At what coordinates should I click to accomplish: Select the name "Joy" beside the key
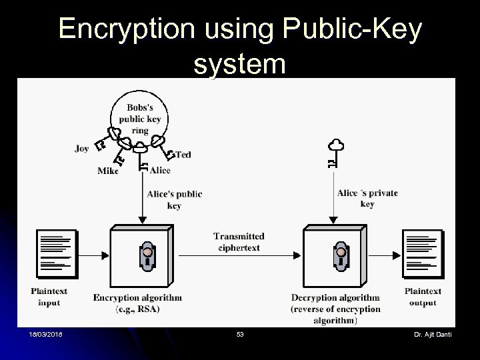pos(81,149)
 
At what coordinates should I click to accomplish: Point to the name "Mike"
pos(107,171)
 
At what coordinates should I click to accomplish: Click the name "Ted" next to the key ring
pos(183,154)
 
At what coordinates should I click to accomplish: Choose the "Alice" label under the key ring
pos(160,170)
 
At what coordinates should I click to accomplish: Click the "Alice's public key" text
pos(174,199)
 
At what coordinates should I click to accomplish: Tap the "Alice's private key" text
pos(367,198)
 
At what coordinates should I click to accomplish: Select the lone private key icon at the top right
pos(333,153)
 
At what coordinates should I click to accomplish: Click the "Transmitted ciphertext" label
pos(239,241)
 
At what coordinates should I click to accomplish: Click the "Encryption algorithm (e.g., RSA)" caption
pos(137,303)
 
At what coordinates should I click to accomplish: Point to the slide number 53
pos(240,334)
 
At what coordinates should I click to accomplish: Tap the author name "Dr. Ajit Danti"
pos(433,334)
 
